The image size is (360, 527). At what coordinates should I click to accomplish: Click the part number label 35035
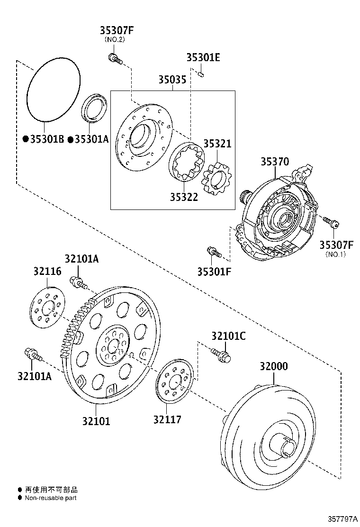tap(172, 80)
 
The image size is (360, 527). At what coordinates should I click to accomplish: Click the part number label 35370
tap(274, 162)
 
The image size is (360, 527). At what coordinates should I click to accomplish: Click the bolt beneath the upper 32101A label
tap(78, 282)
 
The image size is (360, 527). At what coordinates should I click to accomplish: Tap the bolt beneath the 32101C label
tap(220, 354)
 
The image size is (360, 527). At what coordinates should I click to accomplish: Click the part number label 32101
tap(96, 420)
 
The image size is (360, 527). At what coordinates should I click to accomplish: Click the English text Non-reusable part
tap(50, 498)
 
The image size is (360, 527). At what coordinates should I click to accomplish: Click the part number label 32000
tap(273, 366)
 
